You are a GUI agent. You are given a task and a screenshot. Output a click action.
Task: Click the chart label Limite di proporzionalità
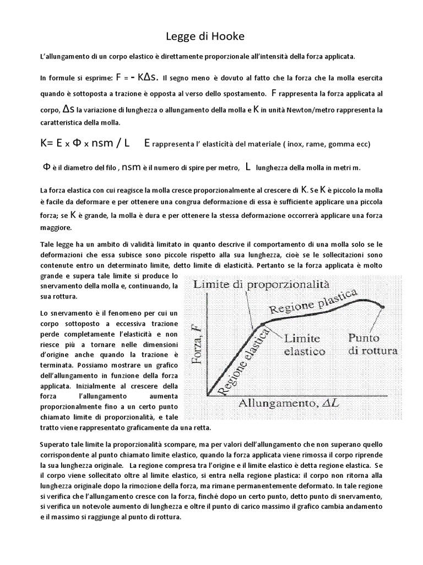click(261, 285)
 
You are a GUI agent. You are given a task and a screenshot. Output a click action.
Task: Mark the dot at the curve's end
click(382, 307)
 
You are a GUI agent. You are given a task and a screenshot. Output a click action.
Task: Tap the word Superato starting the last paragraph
click(57, 444)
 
